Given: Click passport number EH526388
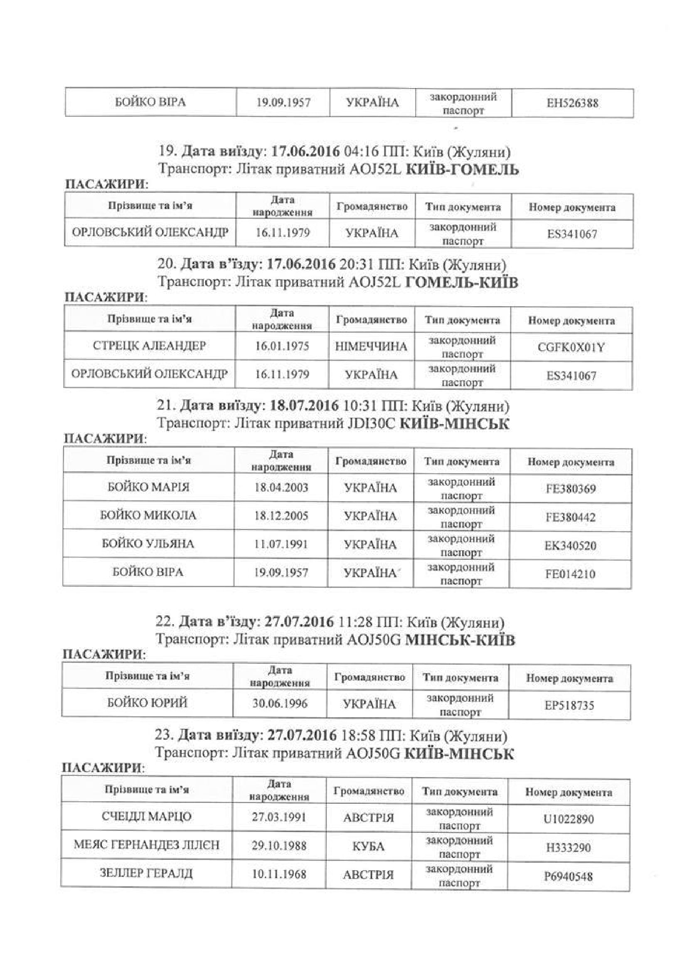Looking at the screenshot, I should [x=572, y=103].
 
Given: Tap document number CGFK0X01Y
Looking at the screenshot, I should [x=571, y=347].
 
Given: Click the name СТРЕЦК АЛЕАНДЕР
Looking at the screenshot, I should [x=149, y=346].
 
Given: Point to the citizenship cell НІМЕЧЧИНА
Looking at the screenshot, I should [x=371, y=347].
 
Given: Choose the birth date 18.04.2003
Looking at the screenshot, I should [x=281, y=487].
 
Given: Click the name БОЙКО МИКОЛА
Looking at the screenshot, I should [x=148, y=516].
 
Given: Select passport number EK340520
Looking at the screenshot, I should [x=570, y=546].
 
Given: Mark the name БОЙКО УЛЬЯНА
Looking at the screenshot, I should [x=148, y=544].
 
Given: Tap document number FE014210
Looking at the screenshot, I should [x=570, y=574].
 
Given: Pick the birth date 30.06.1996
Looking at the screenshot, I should [x=280, y=704].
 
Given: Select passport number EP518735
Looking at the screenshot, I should [x=569, y=705].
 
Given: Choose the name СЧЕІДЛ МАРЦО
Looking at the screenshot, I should [x=147, y=816].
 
